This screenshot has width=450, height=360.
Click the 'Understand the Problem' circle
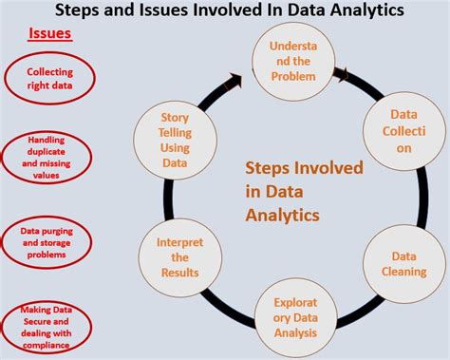click(x=292, y=60)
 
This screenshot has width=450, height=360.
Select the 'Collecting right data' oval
click(x=49, y=77)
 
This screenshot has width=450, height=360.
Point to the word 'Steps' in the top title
click(x=82, y=11)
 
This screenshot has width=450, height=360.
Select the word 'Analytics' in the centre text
click(x=282, y=215)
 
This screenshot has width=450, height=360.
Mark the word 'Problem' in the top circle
click(x=292, y=75)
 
